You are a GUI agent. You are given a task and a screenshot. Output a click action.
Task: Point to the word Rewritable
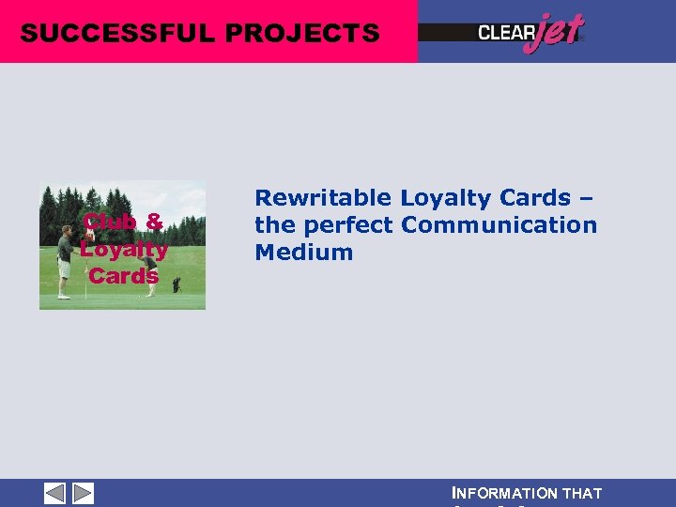(x=323, y=198)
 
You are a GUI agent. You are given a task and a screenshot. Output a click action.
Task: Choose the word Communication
(x=499, y=225)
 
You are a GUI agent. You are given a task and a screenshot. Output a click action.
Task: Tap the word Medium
(x=303, y=253)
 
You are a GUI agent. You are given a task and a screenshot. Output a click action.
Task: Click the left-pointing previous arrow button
(x=55, y=493)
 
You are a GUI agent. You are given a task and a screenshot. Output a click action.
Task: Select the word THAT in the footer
(x=581, y=493)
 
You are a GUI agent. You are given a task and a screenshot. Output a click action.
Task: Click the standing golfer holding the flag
(x=64, y=258)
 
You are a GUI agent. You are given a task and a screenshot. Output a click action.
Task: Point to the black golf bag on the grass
(x=176, y=284)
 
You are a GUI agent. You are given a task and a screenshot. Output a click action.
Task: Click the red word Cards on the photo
(x=123, y=276)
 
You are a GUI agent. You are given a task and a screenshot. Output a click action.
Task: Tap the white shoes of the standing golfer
(x=64, y=296)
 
